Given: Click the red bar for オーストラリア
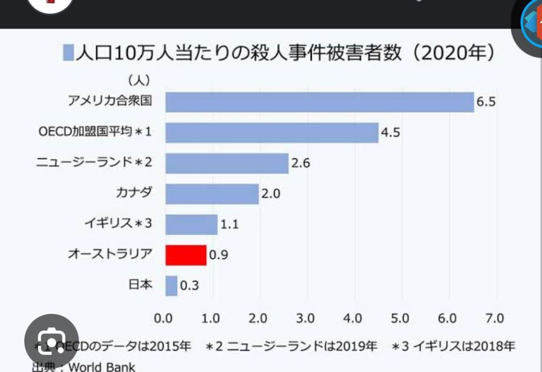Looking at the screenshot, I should [x=186, y=255].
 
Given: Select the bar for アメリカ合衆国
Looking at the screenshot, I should [x=320, y=102].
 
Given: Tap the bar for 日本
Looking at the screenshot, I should [x=171, y=286].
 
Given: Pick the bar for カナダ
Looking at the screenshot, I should [x=212, y=194].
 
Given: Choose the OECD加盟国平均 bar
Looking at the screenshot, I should [x=272, y=133].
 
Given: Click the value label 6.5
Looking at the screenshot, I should [x=486, y=102].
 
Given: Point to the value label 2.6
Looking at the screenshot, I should [x=301, y=164].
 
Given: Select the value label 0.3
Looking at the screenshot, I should [x=189, y=286].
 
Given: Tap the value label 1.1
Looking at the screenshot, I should [x=229, y=224].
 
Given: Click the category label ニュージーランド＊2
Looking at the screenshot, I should [x=95, y=162].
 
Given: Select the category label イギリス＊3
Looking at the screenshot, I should [x=118, y=223].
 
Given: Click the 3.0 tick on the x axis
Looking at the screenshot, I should [x=305, y=319].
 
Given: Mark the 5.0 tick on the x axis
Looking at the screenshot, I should [x=400, y=319].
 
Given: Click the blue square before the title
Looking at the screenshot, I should [x=68, y=53].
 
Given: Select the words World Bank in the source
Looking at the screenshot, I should [x=101, y=367].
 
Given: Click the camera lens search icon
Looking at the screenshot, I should [x=51, y=339].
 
